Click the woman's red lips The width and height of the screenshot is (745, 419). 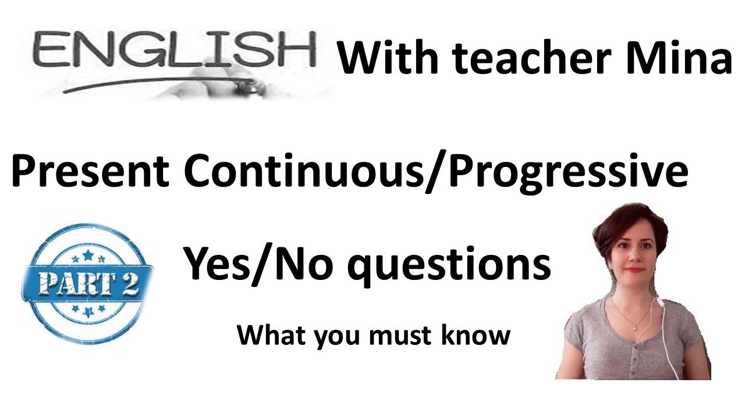(x=637, y=269)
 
